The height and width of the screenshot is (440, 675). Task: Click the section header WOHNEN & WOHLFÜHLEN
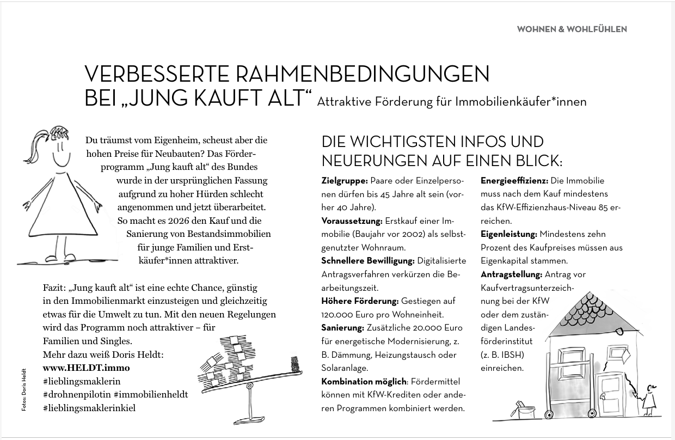[572, 29]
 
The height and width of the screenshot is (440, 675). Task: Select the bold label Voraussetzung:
[352, 221]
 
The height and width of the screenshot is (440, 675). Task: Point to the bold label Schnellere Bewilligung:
[368, 261]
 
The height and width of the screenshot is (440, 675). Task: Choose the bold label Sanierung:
[342, 328]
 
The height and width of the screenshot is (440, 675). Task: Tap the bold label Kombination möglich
[363, 381]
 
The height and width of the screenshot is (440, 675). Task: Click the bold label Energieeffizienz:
[514, 181]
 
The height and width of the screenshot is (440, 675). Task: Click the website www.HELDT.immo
[86, 368]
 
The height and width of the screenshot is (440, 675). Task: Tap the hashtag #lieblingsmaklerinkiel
[89, 408]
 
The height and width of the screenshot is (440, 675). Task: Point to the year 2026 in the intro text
[167, 221]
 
